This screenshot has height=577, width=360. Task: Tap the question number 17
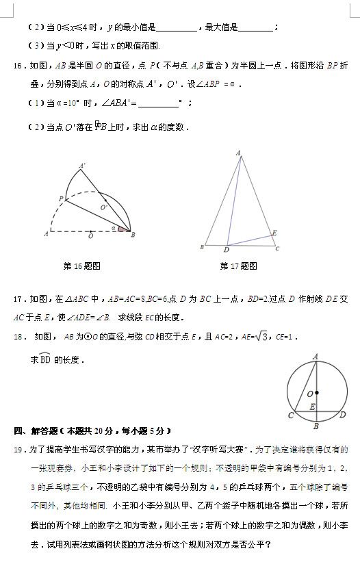pos(18,299)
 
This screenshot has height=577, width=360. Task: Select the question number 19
pos(18,450)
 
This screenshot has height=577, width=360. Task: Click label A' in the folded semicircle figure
pos(83,166)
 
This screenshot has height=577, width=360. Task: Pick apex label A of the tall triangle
pos(238,153)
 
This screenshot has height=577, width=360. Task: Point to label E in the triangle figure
pos(274,233)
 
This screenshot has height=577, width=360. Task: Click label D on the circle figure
pos(343,414)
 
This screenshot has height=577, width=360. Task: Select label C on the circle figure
pos(290,415)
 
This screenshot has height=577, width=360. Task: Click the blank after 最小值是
pos(176,29)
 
